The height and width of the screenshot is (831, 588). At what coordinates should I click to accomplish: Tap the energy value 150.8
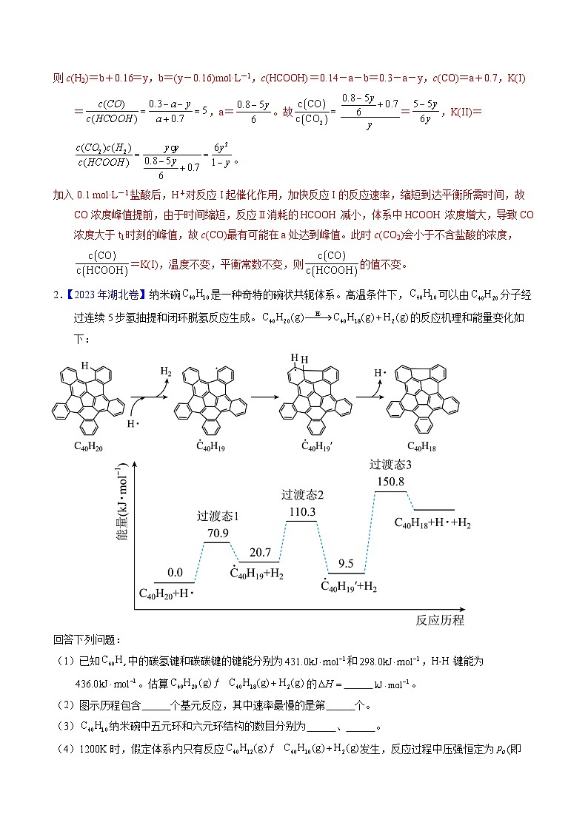pyautogui.click(x=390, y=481)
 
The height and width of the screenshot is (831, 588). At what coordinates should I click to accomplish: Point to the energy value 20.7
pyautogui.click(x=260, y=553)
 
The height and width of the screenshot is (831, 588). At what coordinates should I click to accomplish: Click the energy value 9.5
pyautogui.click(x=346, y=564)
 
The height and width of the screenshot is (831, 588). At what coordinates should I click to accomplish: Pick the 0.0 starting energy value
pyautogui.click(x=175, y=572)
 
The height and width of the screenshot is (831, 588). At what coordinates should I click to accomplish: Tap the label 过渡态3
pyautogui.click(x=390, y=465)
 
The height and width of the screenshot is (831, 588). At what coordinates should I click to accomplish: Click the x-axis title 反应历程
pyautogui.click(x=440, y=620)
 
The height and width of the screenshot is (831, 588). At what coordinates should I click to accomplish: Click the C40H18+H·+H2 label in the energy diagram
pyautogui.click(x=432, y=523)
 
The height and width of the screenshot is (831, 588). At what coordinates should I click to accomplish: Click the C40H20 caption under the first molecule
pyautogui.click(x=88, y=445)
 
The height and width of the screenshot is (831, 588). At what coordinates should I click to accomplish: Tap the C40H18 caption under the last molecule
pyautogui.click(x=421, y=445)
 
